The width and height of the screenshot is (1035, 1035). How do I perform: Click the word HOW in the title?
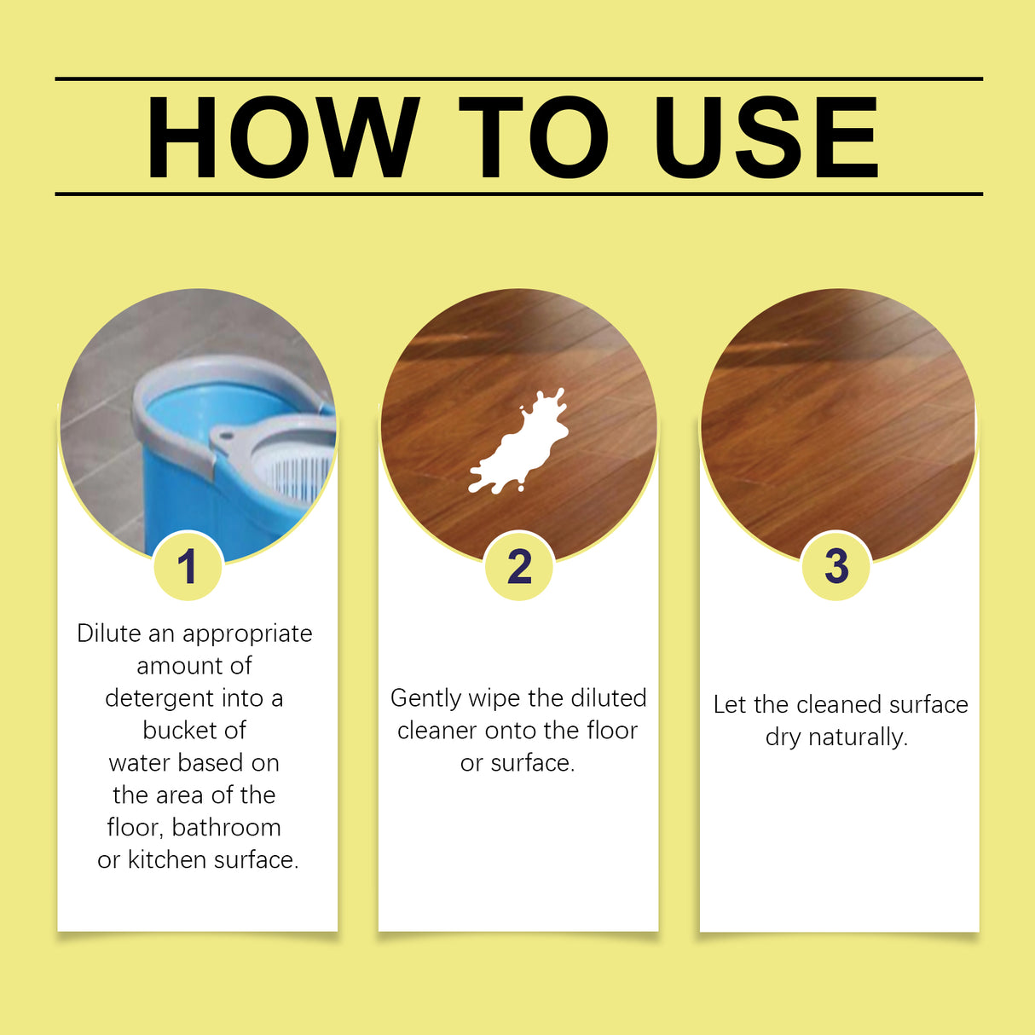[x=282, y=137]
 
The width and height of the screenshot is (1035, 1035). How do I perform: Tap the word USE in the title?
[x=765, y=137]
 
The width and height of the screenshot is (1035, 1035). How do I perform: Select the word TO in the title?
[x=533, y=137]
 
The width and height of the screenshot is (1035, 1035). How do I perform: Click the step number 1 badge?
[x=188, y=567]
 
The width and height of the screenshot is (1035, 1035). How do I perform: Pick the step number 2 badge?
[x=519, y=567]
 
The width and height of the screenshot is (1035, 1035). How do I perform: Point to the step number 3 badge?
[x=836, y=566]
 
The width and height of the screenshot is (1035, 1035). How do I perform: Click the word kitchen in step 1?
[x=167, y=860]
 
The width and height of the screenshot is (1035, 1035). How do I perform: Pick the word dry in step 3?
[x=782, y=738]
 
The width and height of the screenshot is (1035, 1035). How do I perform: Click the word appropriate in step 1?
[x=247, y=635]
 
